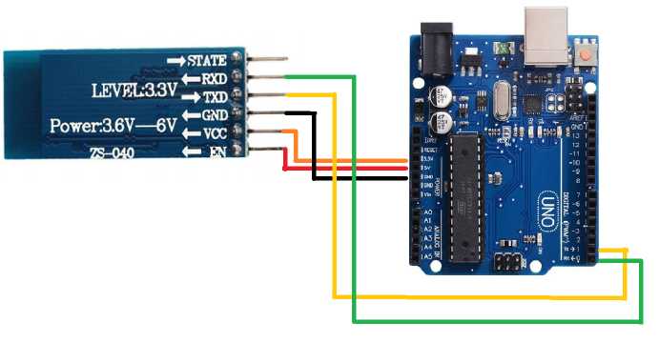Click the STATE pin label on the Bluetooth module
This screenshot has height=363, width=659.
click(x=207, y=60)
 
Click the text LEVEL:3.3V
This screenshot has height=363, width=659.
click(x=134, y=91)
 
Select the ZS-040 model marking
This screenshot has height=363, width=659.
click(x=113, y=152)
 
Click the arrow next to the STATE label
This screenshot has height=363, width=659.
click(x=176, y=60)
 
